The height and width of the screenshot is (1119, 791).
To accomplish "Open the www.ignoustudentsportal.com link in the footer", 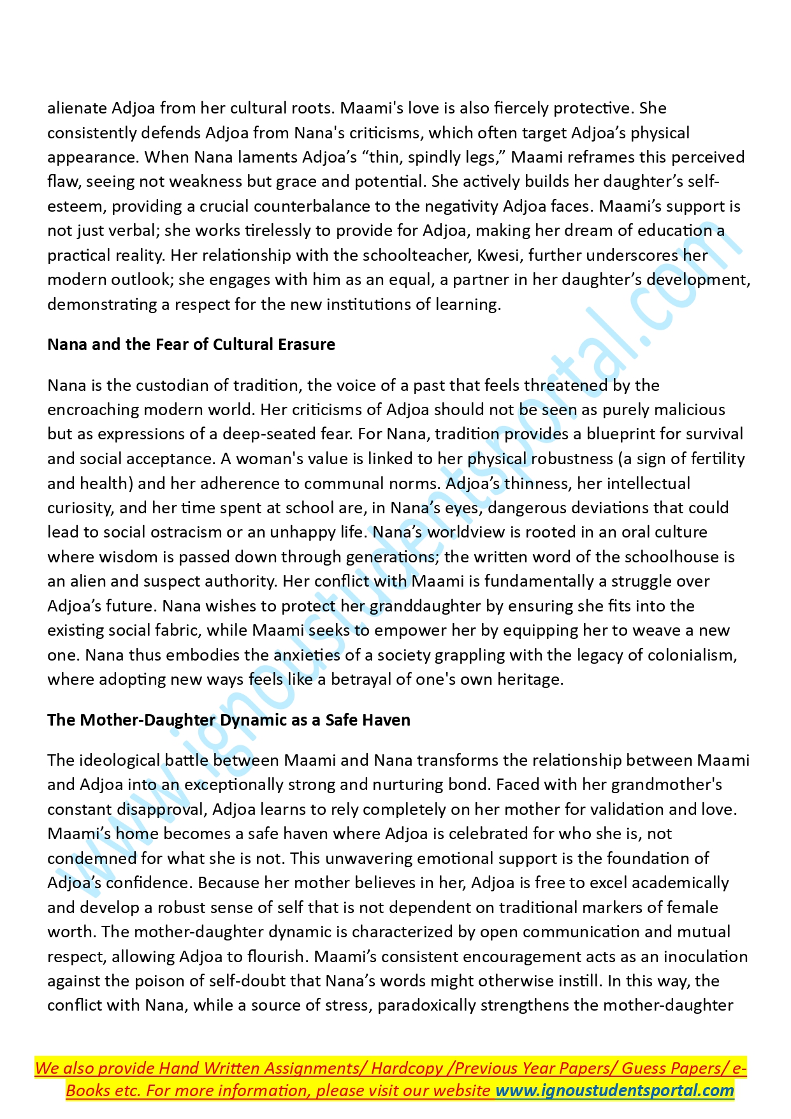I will [614, 1091].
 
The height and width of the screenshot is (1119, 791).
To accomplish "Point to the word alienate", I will [76, 108].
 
